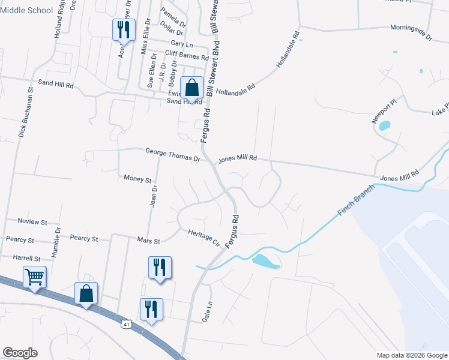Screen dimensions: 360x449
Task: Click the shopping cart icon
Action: [35, 277]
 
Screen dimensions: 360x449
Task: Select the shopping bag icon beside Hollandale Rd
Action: [191, 88]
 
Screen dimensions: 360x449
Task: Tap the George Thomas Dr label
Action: [172, 152]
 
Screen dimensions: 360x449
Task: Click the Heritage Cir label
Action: [204, 237]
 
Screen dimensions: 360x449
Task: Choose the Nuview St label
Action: [32, 222]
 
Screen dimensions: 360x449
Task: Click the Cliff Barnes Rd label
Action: [186, 54]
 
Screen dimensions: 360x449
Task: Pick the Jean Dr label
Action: [154, 196]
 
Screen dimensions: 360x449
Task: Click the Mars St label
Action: [148, 241]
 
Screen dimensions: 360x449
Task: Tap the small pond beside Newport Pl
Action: [385, 126]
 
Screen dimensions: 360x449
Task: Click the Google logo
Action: [20, 353]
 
